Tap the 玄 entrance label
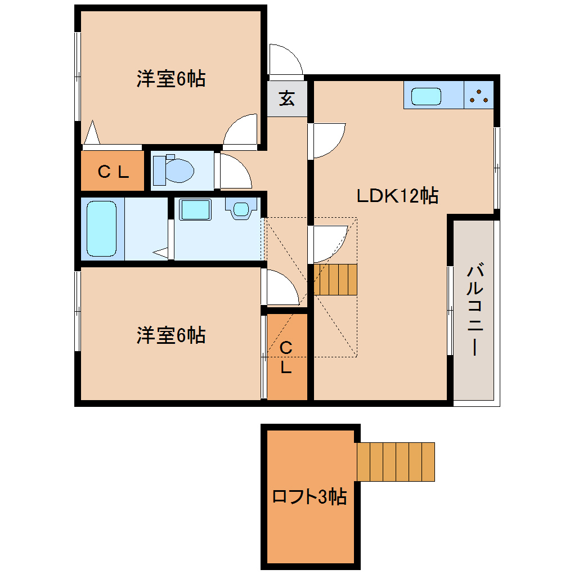(x=287, y=98)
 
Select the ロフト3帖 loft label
(x=309, y=497)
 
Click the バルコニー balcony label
(x=474, y=310)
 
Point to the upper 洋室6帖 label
(x=171, y=79)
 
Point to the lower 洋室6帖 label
(x=171, y=335)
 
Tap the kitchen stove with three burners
(x=479, y=96)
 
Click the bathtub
(x=102, y=228)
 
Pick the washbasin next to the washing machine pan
(x=241, y=208)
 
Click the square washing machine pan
(x=195, y=209)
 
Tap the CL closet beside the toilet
(x=113, y=171)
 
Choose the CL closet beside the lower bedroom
(x=286, y=357)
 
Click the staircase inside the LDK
(x=335, y=279)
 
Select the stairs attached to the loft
(x=396, y=461)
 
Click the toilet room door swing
(x=232, y=172)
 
